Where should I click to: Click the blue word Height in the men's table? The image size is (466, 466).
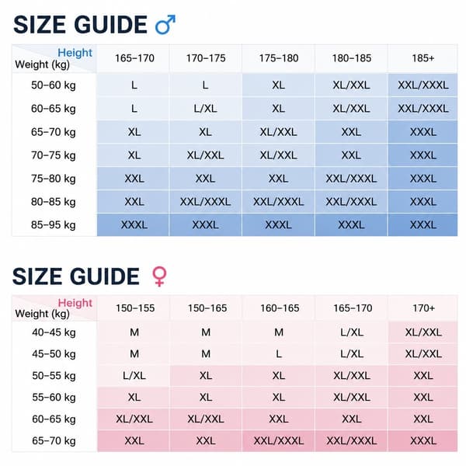75,53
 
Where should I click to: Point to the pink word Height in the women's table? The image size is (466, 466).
75,303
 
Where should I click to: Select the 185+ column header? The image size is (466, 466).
423,58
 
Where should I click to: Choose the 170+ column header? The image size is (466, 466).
423,308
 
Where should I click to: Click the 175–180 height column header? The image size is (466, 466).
279,58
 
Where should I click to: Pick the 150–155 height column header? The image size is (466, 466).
135,308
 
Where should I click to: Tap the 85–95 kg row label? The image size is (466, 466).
54,225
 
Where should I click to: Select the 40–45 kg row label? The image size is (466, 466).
54,332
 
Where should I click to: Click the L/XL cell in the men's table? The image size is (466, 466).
205,109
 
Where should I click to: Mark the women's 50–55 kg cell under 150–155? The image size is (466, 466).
134,376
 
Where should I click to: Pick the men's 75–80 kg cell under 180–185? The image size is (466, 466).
351,179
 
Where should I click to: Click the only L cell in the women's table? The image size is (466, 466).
279,354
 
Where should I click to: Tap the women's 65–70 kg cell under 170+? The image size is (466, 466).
423,440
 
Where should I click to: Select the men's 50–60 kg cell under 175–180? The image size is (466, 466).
279,85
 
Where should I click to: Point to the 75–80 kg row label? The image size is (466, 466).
54,179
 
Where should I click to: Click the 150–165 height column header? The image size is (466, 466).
207,308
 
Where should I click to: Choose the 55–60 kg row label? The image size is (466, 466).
54,398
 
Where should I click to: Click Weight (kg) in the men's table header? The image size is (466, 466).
42,64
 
